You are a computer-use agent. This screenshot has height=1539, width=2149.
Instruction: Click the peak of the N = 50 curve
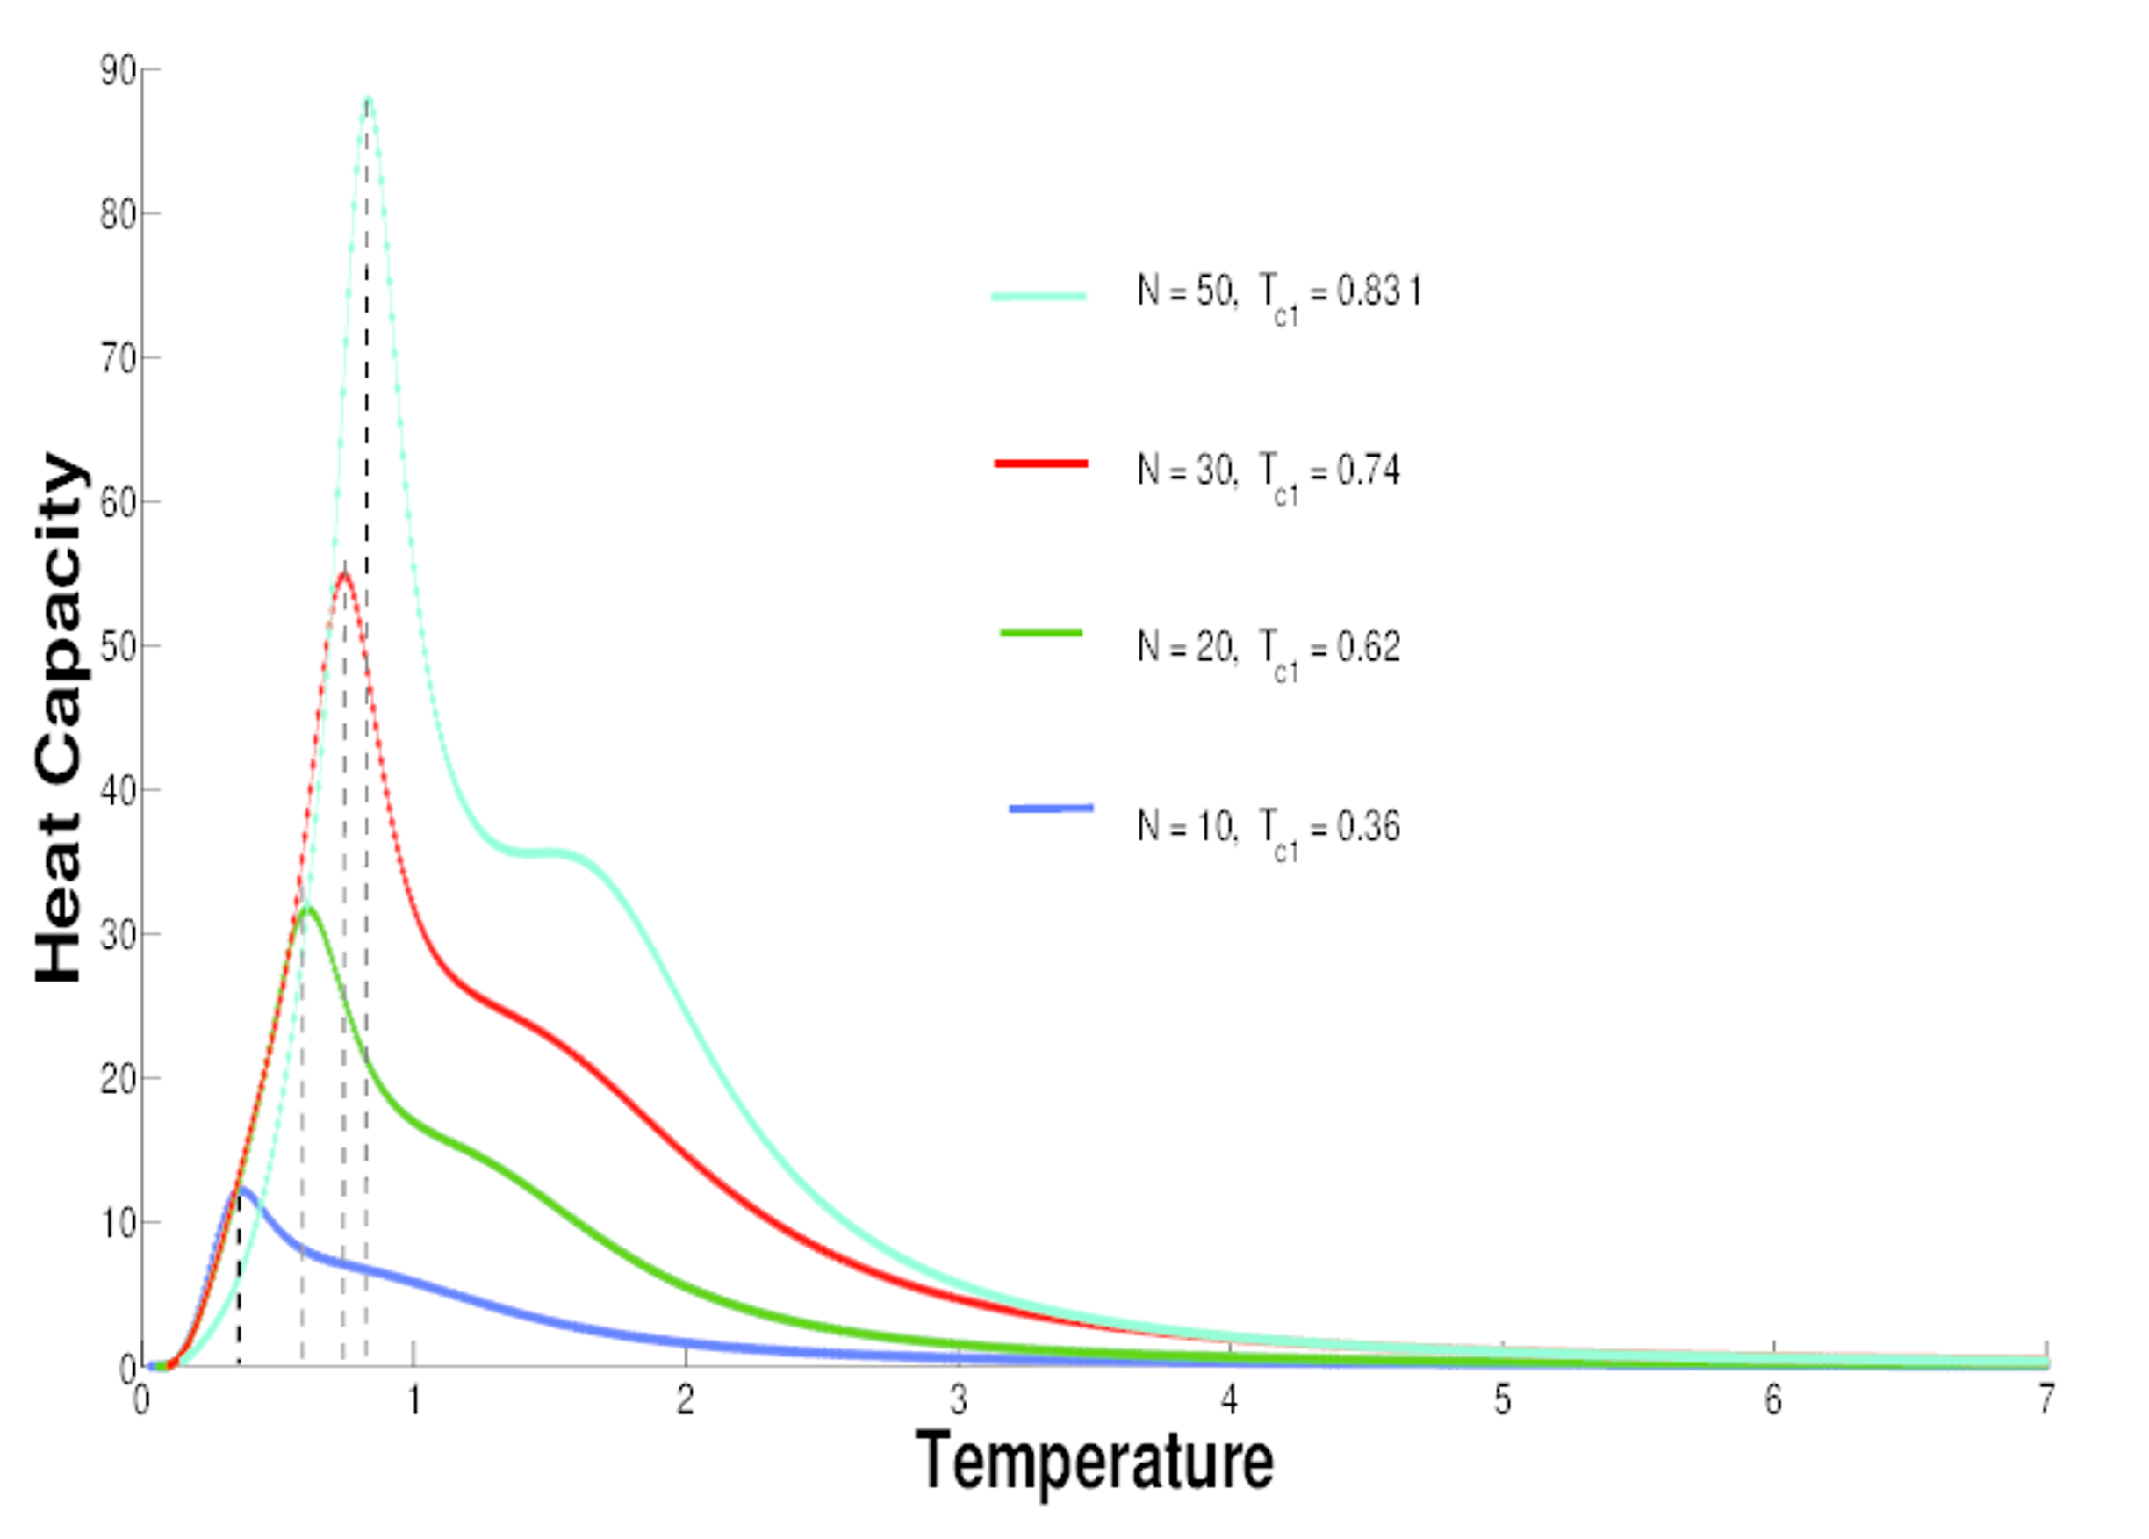(x=368, y=97)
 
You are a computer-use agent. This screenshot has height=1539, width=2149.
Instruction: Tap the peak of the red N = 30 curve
(x=344, y=573)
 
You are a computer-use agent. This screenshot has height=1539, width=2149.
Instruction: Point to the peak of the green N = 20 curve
(x=306, y=909)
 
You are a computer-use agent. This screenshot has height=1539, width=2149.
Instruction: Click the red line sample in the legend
(x=1041, y=464)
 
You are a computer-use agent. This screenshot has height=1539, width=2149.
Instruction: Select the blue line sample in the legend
(x=1051, y=809)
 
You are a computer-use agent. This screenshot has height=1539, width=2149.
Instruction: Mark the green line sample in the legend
(x=1041, y=632)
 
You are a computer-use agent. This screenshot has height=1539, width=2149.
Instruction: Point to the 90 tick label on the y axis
(x=118, y=71)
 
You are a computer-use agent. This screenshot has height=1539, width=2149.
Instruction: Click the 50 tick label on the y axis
(x=118, y=647)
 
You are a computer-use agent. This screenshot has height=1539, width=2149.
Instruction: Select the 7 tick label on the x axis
(x=2046, y=1399)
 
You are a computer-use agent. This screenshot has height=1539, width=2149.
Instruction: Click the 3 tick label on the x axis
(x=958, y=1399)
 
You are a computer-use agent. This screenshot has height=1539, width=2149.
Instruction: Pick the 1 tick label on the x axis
(x=413, y=1399)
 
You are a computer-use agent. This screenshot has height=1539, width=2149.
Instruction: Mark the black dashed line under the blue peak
(x=239, y=1289)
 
